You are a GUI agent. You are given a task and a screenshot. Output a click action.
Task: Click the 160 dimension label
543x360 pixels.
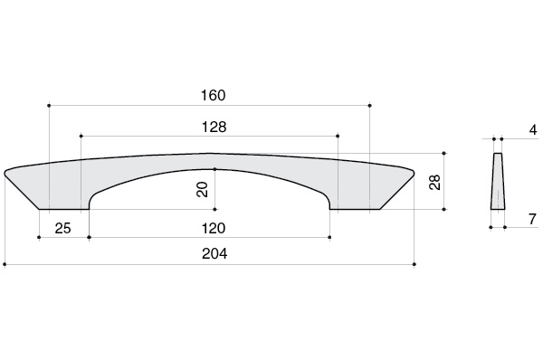click(214, 95)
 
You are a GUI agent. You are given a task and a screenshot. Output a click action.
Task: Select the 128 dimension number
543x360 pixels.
click(214, 127)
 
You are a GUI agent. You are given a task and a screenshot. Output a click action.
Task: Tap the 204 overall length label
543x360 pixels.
click(214, 254)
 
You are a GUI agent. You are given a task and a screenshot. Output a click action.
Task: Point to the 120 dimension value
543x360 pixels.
click(214, 229)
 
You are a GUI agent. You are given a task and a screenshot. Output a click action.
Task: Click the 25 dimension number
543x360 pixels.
click(62, 229)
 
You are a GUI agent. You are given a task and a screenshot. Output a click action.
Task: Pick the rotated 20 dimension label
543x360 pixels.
click(202, 189)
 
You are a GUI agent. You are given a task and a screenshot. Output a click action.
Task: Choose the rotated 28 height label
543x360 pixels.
click(434, 182)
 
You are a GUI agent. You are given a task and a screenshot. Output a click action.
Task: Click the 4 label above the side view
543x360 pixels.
click(533, 130)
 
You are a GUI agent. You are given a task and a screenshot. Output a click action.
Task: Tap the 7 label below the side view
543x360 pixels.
click(533, 219)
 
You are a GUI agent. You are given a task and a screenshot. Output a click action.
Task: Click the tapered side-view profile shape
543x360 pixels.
click(498, 182)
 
